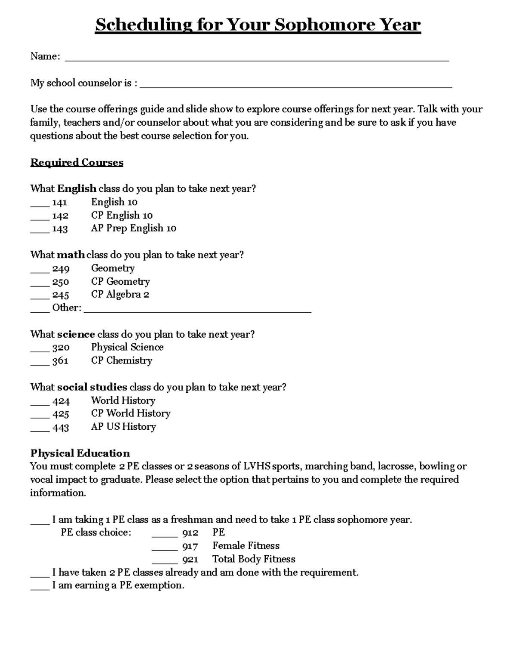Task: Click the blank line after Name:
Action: click(x=257, y=59)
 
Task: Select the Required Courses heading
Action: click(x=77, y=163)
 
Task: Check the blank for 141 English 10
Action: click(x=40, y=205)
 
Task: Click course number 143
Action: click(x=60, y=229)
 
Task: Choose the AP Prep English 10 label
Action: click(x=133, y=228)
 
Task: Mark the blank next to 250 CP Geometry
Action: click(x=40, y=284)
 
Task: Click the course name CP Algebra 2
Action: click(x=120, y=295)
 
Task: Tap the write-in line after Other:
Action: click(x=197, y=311)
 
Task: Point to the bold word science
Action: click(x=76, y=334)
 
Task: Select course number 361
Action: click(x=60, y=361)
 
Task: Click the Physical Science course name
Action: click(x=127, y=347)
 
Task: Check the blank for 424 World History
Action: click(x=40, y=403)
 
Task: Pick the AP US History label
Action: click(x=123, y=427)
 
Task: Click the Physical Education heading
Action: click(x=80, y=453)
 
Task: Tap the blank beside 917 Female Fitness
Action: click(x=164, y=549)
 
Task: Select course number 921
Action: click(x=190, y=560)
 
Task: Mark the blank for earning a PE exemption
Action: click(x=40, y=588)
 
